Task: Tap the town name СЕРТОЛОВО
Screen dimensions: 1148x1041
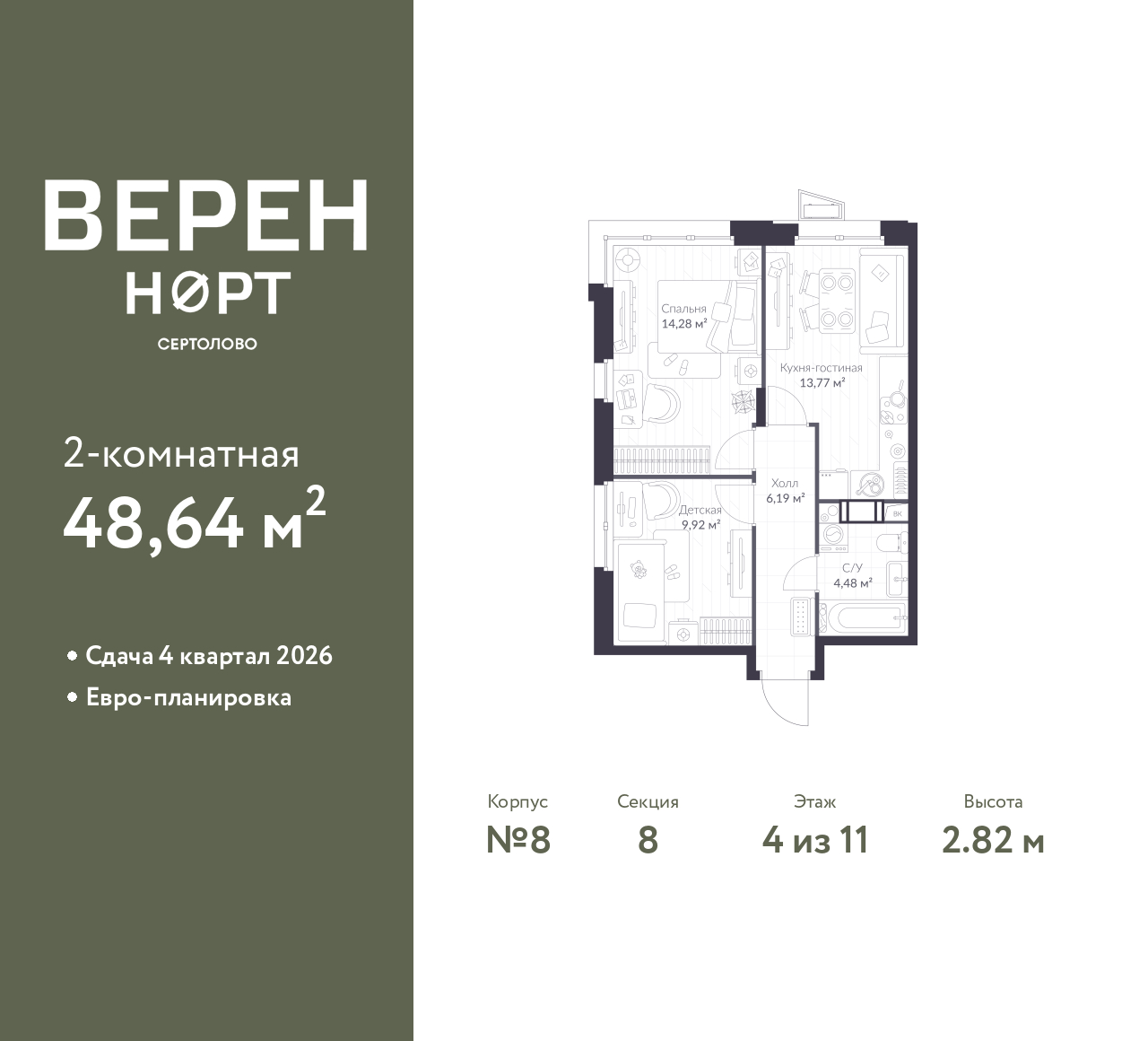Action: [207, 344]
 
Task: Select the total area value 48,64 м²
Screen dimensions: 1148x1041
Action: [195, 520]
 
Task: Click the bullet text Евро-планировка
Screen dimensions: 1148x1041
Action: [189, 698]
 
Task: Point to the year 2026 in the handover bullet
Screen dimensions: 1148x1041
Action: [304, 656]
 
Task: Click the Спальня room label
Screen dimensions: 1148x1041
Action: [684, 309]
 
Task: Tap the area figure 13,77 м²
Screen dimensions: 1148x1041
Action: [822, 382]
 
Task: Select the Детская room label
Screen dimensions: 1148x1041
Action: [700, 511]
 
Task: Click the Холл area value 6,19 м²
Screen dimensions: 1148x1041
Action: [786, 498]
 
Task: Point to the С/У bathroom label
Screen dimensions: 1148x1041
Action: [852, 567]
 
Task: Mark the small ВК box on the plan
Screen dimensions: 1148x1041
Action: [897, 513]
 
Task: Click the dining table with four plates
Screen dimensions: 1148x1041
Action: [838, 301]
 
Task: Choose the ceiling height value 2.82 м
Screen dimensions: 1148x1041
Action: [993, 841]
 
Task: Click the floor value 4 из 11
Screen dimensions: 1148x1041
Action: [815, 841]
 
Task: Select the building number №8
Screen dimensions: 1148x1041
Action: [517, 841]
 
